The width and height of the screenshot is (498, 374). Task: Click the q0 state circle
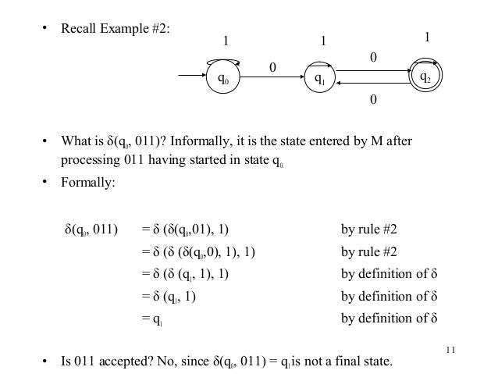pos(223,78)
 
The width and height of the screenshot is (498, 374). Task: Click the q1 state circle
pos(318,78)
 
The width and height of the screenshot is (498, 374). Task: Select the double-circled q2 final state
pos(426,77)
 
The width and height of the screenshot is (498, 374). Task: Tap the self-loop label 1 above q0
pos(226,42)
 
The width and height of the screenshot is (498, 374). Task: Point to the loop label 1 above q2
pos(426,37)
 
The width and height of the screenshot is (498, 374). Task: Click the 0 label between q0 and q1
pos(272,68)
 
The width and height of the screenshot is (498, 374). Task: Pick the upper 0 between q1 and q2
pos(373,57)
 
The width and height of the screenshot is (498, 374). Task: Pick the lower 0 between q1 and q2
pos(373,100)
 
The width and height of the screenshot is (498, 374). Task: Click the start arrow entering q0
pos(192,77)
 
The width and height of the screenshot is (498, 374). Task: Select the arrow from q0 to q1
pos(273,78)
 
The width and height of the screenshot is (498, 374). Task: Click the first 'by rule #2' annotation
pos(369,230)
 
